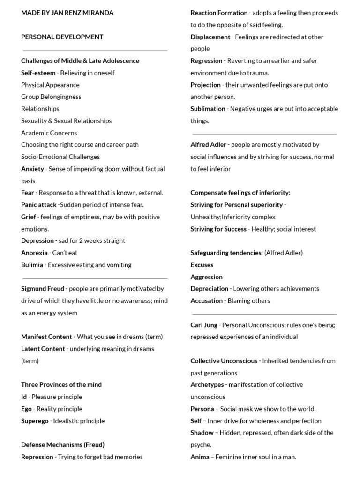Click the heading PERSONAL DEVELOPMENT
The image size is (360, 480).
click(x=62, y=37)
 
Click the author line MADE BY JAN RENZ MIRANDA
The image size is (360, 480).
click(x=67, y=13)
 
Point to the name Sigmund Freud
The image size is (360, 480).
click(x=43, y=289)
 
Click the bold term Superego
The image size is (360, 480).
click(x=35, y=421)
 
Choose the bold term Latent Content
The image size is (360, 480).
click(x=43, y=349)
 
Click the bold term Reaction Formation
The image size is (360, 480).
click(x=219, y=13)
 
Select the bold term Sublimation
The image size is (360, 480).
click(x=208, y=109)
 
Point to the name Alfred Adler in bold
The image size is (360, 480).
click(x=208, y=145)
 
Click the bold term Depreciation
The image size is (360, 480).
click(x=209, y=289)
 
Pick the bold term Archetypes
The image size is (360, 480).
click(x=207, y=385)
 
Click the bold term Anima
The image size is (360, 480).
click(x=200, y=457)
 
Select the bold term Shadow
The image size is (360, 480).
click(x=202, y=433)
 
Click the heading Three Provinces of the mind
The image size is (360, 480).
click(x=61, y=385)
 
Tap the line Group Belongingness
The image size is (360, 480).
click(x=51, y=97)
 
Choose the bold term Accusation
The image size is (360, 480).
click(x=206, y=301)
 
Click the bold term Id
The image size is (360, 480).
click(x=24, y=397)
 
